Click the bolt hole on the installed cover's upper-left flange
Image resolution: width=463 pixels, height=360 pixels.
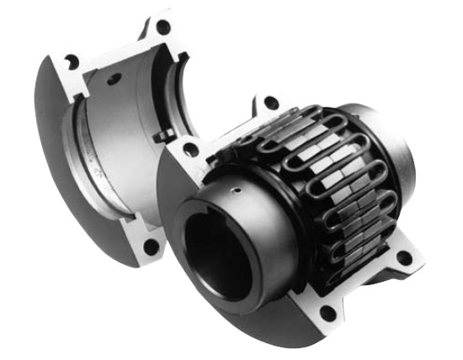pyautogui.click(x=191, y=148)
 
